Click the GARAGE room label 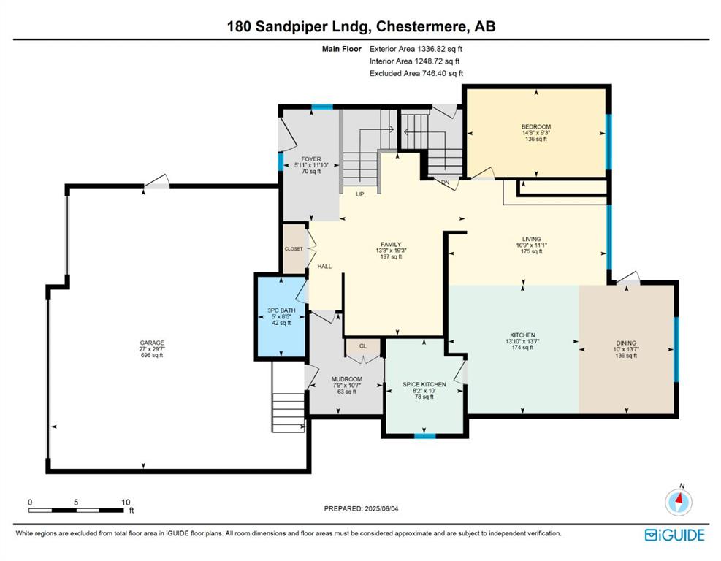152,343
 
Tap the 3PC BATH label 281,310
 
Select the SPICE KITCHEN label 424,384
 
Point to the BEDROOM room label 535,126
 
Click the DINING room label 626,343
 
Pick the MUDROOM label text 347,379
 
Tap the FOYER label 311,159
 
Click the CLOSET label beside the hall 294,249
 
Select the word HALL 324,266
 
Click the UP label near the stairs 360,194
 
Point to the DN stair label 445,183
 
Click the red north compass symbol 679,502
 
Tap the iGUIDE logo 674,535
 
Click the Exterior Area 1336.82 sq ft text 416,49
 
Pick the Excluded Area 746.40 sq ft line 416,73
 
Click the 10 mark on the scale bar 126,502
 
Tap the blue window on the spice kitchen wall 425,436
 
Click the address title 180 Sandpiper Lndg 299,26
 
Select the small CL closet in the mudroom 363,347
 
